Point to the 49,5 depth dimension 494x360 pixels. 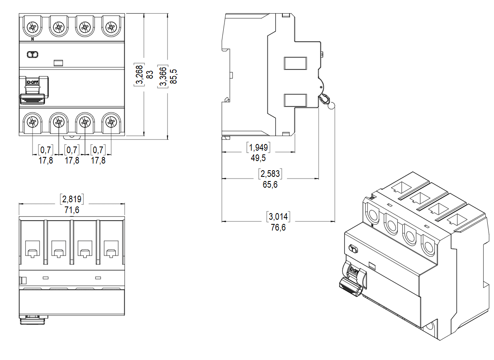258,158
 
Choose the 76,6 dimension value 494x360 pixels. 278,227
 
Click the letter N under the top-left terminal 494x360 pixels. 32,40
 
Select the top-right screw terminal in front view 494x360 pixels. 110,28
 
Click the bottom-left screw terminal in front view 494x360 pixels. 32,122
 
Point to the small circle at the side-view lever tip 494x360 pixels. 332,106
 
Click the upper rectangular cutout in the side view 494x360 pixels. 295,63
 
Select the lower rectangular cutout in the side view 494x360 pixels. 295,100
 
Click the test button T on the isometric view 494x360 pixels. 354,249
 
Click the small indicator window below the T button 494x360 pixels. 58,63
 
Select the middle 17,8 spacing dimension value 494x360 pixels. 72,161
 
